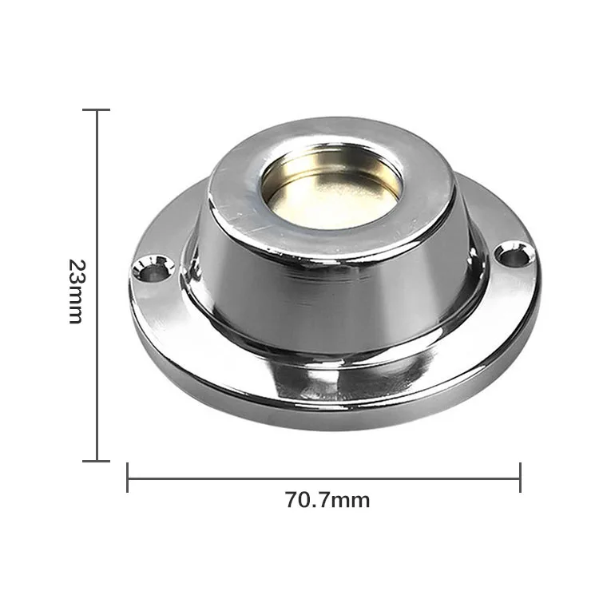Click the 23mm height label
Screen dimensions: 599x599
75,290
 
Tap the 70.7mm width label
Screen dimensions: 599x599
327,501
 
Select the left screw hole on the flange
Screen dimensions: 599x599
152,268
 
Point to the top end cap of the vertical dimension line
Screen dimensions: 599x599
97,110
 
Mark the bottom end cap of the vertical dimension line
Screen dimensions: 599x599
97,460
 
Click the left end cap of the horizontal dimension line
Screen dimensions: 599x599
128,478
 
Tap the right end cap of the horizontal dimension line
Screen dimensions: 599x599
520,478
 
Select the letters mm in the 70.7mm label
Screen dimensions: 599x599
351,501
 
